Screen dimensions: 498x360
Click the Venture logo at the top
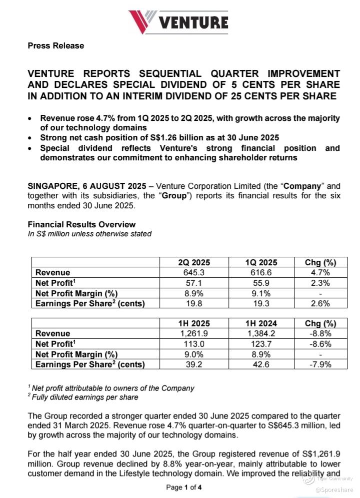pyautogui.click(x=178, y=22)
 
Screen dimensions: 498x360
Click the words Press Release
pyautogui.click(x=56, y=46)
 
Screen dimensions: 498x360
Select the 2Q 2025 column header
pyautogui.click(x=194, y=263)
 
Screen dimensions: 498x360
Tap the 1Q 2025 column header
pyautogui.click(x=261, y=263)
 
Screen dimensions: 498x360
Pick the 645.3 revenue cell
pyautogui.click(x=194, y=273)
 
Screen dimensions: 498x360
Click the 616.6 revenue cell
pyautogui.click(x=261, y=273)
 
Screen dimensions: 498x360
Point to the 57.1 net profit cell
pyautogui.click(x=194, y=283)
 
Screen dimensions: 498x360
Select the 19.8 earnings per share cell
pyautogui.click(x=194, y=304)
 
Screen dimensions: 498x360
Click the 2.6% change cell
pyautogui.click(x=320, y=304)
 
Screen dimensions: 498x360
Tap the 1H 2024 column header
pyautogui.click(x=261, y=323)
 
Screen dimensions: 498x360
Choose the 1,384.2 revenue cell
pyautogui.click(x=261, y=333)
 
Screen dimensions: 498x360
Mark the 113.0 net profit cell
pyautogui.click(x=194, y=344)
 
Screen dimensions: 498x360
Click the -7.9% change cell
pyautogui.click(x=320, y=364)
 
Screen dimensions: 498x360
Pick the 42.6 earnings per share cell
pyautogui.click(x=261, y=364)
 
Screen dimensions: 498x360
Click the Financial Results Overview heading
pyautogui.click(x=81, y=224)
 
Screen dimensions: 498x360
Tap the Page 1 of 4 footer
pyautogui.click(x=184, y=487)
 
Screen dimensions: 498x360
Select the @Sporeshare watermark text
pyautogui.click(x=334, y=490)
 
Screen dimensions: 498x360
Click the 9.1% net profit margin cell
pyautogui.click(x=261, y=293)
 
